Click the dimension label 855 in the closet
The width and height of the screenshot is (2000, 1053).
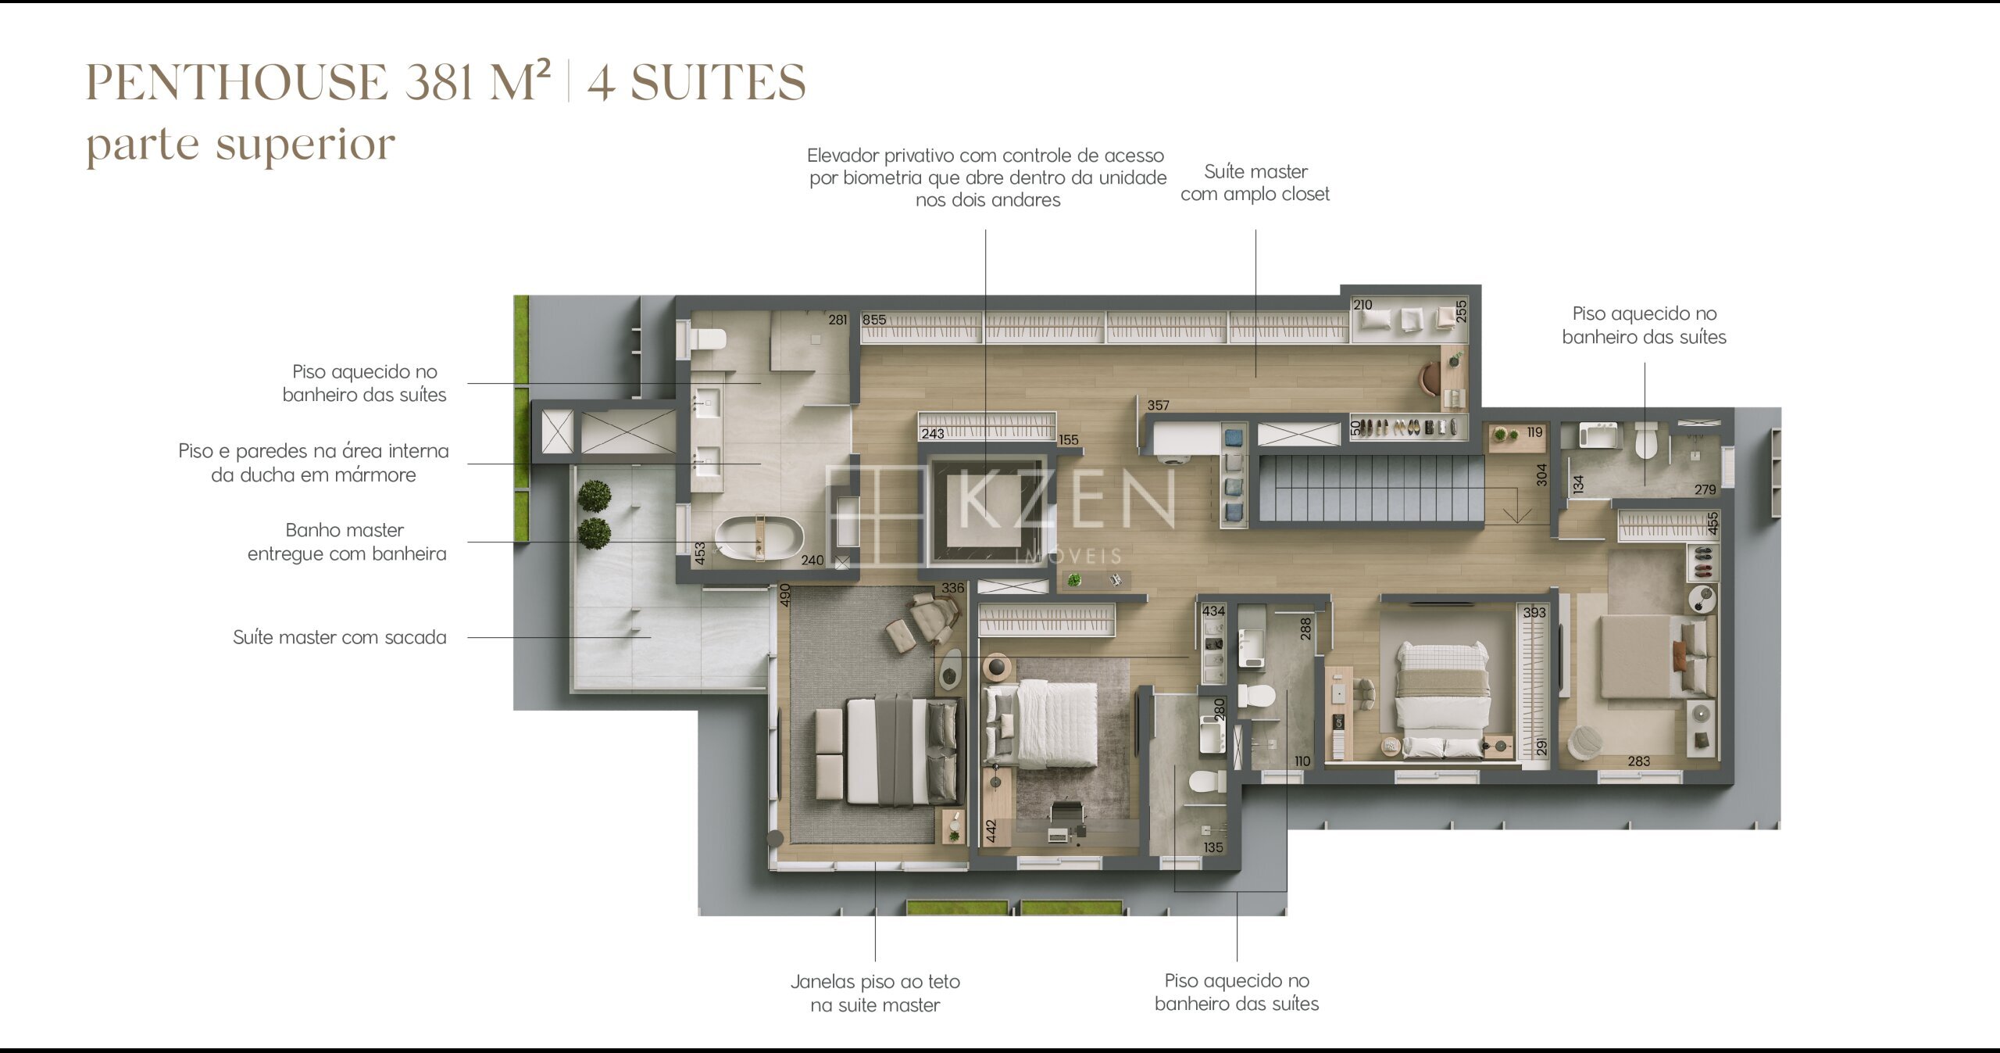click(x=874, y=320)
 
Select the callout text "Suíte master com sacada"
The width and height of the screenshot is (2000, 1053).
click(x=340, y=637)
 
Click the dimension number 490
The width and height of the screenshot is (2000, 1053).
click(x=785, y=595)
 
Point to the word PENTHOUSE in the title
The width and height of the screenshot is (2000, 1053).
click(x=237, y=82)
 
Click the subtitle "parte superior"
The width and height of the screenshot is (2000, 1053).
click(x=241, y=145)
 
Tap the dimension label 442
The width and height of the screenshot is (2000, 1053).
click(x=991, y=830)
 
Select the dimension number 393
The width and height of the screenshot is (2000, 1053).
click(x=1534, y=612)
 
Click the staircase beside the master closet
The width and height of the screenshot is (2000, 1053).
click(x=1371, y=489)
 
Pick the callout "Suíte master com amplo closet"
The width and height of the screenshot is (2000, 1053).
click(x=1255, y=183)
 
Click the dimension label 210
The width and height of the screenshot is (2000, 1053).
click(x=1362, y=305)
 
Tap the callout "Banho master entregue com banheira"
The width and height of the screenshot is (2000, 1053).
click(x=346, y=542)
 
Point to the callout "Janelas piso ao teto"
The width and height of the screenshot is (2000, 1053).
click(x=875, y=981)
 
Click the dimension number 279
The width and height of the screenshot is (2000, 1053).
click(x=1705, y=489)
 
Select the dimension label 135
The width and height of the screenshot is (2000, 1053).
click(x=1213, y=847)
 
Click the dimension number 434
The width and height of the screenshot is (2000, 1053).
click(x=1213, y=611)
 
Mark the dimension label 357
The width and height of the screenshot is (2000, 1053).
click(x=1159, y=405)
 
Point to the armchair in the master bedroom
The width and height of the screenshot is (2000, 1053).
click(x=934, y=616)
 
